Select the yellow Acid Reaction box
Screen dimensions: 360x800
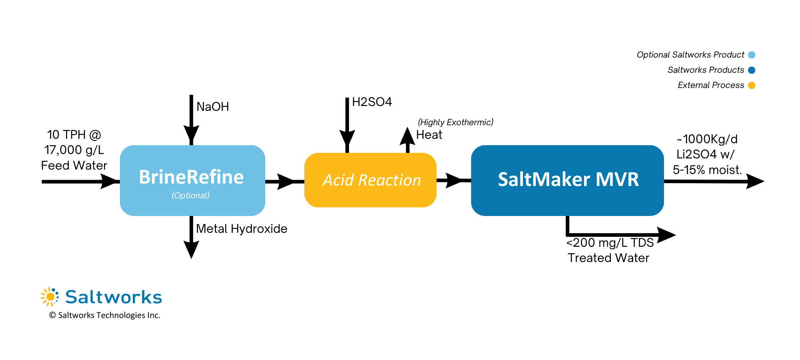tap(370, 180)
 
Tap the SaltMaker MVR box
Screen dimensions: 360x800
tap(567, 180)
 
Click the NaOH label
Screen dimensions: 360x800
tap(212, 107)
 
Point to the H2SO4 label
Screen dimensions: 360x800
tap(372, 102)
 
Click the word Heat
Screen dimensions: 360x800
tap(429, 135)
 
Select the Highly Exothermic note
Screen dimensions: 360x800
tap(455, 122)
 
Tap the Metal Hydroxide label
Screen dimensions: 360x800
tap(241, 229)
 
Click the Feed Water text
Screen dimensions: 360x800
tap(74, 166)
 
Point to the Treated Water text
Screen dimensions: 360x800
tap(608, 258)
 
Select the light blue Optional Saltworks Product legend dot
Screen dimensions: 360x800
tap(751, 55)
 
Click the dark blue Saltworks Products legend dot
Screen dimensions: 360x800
tap(751, 70)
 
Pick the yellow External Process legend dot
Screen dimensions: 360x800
tap(751, 85)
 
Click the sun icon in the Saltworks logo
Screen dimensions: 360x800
tap(50, 297)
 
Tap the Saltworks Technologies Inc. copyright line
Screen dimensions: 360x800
tap(105, 315)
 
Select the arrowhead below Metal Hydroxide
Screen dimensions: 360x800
tap(191, 250)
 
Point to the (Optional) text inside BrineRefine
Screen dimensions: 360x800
tap(190, 196)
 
